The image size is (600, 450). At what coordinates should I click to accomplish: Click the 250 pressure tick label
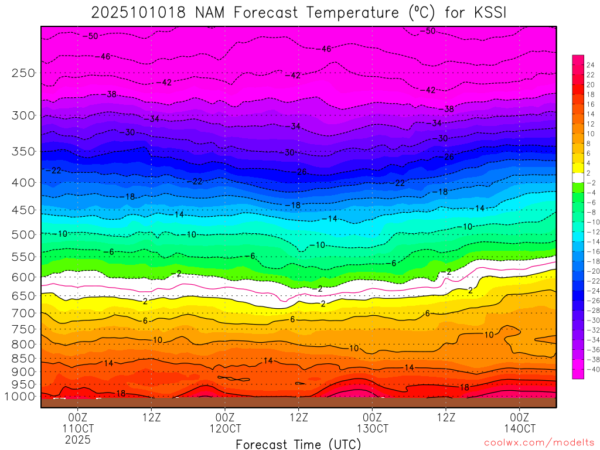(x=23, y=73)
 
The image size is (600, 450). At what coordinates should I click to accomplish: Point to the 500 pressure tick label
(x=23, y=234)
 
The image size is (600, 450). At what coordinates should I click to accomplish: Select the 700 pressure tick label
(x=23, y=313)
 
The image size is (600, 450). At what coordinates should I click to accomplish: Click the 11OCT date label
(x=77, y=428)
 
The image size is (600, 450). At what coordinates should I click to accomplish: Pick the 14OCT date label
(x=520, y=428)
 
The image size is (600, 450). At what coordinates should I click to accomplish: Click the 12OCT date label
(x=225, y=428)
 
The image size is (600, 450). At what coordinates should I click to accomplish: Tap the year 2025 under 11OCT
(x=77, y=439)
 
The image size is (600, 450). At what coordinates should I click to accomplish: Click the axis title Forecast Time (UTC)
(x=299, y=444)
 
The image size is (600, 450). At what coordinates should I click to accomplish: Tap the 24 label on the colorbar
(x=589, y=65)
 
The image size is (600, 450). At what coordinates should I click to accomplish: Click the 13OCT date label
(x=373, y=428)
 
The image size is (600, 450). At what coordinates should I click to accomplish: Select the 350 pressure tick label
(x=23, y=152)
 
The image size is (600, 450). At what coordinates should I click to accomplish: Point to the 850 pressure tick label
(x=23, y=359)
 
